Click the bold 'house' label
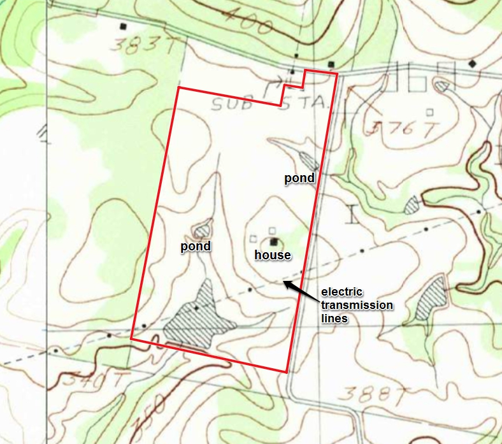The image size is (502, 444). [273, 255]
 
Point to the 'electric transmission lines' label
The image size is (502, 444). [357, 304]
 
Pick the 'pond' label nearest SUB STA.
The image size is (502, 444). [299, 178]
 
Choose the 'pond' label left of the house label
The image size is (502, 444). [195, 246]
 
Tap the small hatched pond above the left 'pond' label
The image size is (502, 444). [203, 227]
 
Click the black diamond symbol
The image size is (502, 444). [472, 63]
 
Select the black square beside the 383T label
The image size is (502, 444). [124, 27]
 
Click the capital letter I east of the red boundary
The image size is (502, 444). [352, 214]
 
